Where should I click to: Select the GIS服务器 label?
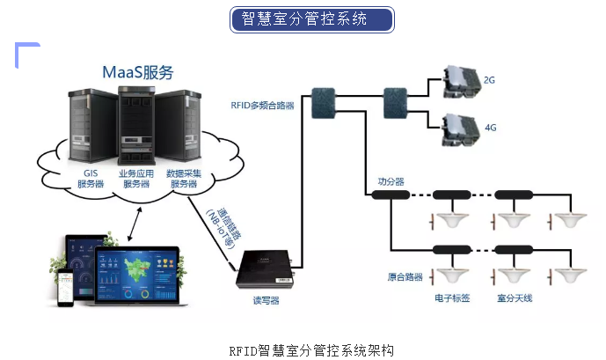pyautogui.click(x=91, y=179)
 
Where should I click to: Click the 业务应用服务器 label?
pyautogui.click(x=136, y=179)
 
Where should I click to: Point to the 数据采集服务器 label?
pyautogui.click(x=184, y=179)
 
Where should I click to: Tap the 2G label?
pyautogui.click(x=490, y=80)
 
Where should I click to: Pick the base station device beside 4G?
pyautogui.click(x=457, y=129)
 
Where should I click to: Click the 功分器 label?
pyautogui.click(x=391, y=181)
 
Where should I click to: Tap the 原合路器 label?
pyautogui.click(x=405, y=276)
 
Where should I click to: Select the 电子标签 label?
pyautogui.click(x=452, y=298)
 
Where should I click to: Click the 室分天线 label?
pyautogui.click(x=515, y=298)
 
